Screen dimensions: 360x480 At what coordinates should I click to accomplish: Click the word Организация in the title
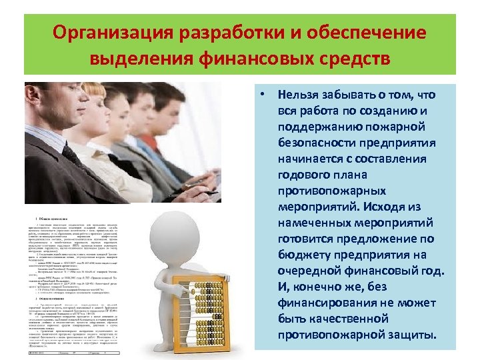(114, 33)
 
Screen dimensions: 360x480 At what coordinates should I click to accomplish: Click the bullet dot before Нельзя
(265, 95)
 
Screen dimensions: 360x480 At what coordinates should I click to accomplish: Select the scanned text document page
(73, 287)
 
